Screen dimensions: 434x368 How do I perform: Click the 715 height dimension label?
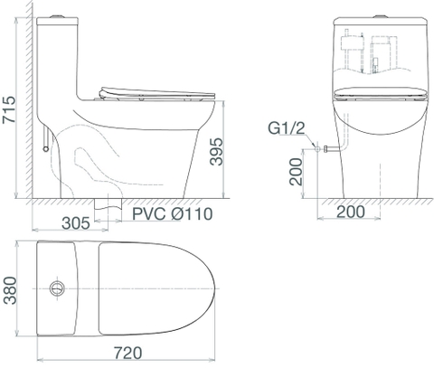tap(9, 109)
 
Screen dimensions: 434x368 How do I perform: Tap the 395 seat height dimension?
tap(216, 152)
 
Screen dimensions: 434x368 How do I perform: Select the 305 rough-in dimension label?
tap(76, 223)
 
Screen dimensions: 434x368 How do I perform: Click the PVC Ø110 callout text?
tap(173, 213)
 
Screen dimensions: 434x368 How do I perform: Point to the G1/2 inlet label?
tap(287, 128)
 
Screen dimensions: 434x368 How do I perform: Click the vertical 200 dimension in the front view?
tap(296, 172)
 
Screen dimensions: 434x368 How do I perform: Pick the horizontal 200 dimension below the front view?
tap(351, 212)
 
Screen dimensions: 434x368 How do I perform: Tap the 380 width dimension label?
tap(10, 290)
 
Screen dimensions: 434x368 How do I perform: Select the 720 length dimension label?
tap(127, 353)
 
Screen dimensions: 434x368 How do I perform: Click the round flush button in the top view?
tap(57, 288)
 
